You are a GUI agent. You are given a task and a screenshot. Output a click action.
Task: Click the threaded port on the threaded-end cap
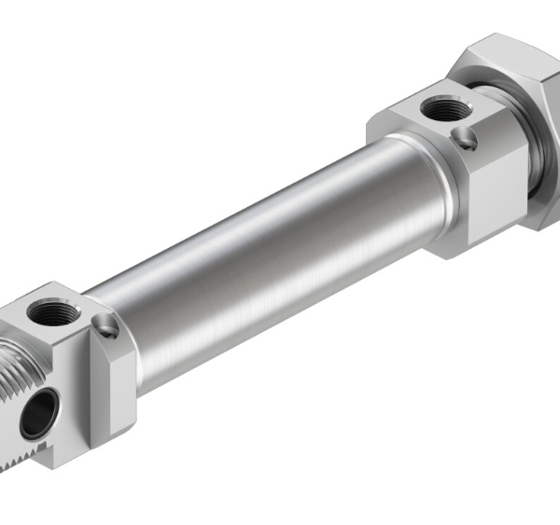pos(45,311)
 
